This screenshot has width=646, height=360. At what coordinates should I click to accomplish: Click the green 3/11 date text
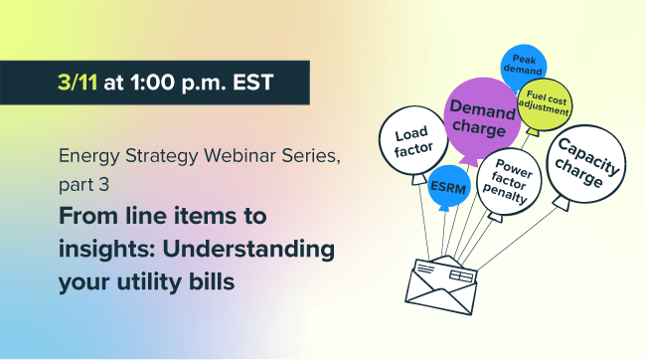point(78,83)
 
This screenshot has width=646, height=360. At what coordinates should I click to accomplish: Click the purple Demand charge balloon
point(482,117)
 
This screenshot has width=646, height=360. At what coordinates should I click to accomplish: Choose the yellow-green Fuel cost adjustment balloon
point(543,102)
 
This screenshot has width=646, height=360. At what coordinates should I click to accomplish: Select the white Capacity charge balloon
point(583,162)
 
